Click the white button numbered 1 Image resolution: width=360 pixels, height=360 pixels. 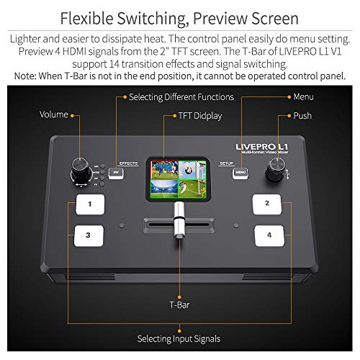click(x=91, y=204)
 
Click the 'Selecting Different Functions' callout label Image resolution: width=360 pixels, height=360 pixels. click(x=181, y=96)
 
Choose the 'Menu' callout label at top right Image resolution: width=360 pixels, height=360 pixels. click(x=303, y=96)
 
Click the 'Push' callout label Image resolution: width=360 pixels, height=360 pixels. click(x=302, y=114)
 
